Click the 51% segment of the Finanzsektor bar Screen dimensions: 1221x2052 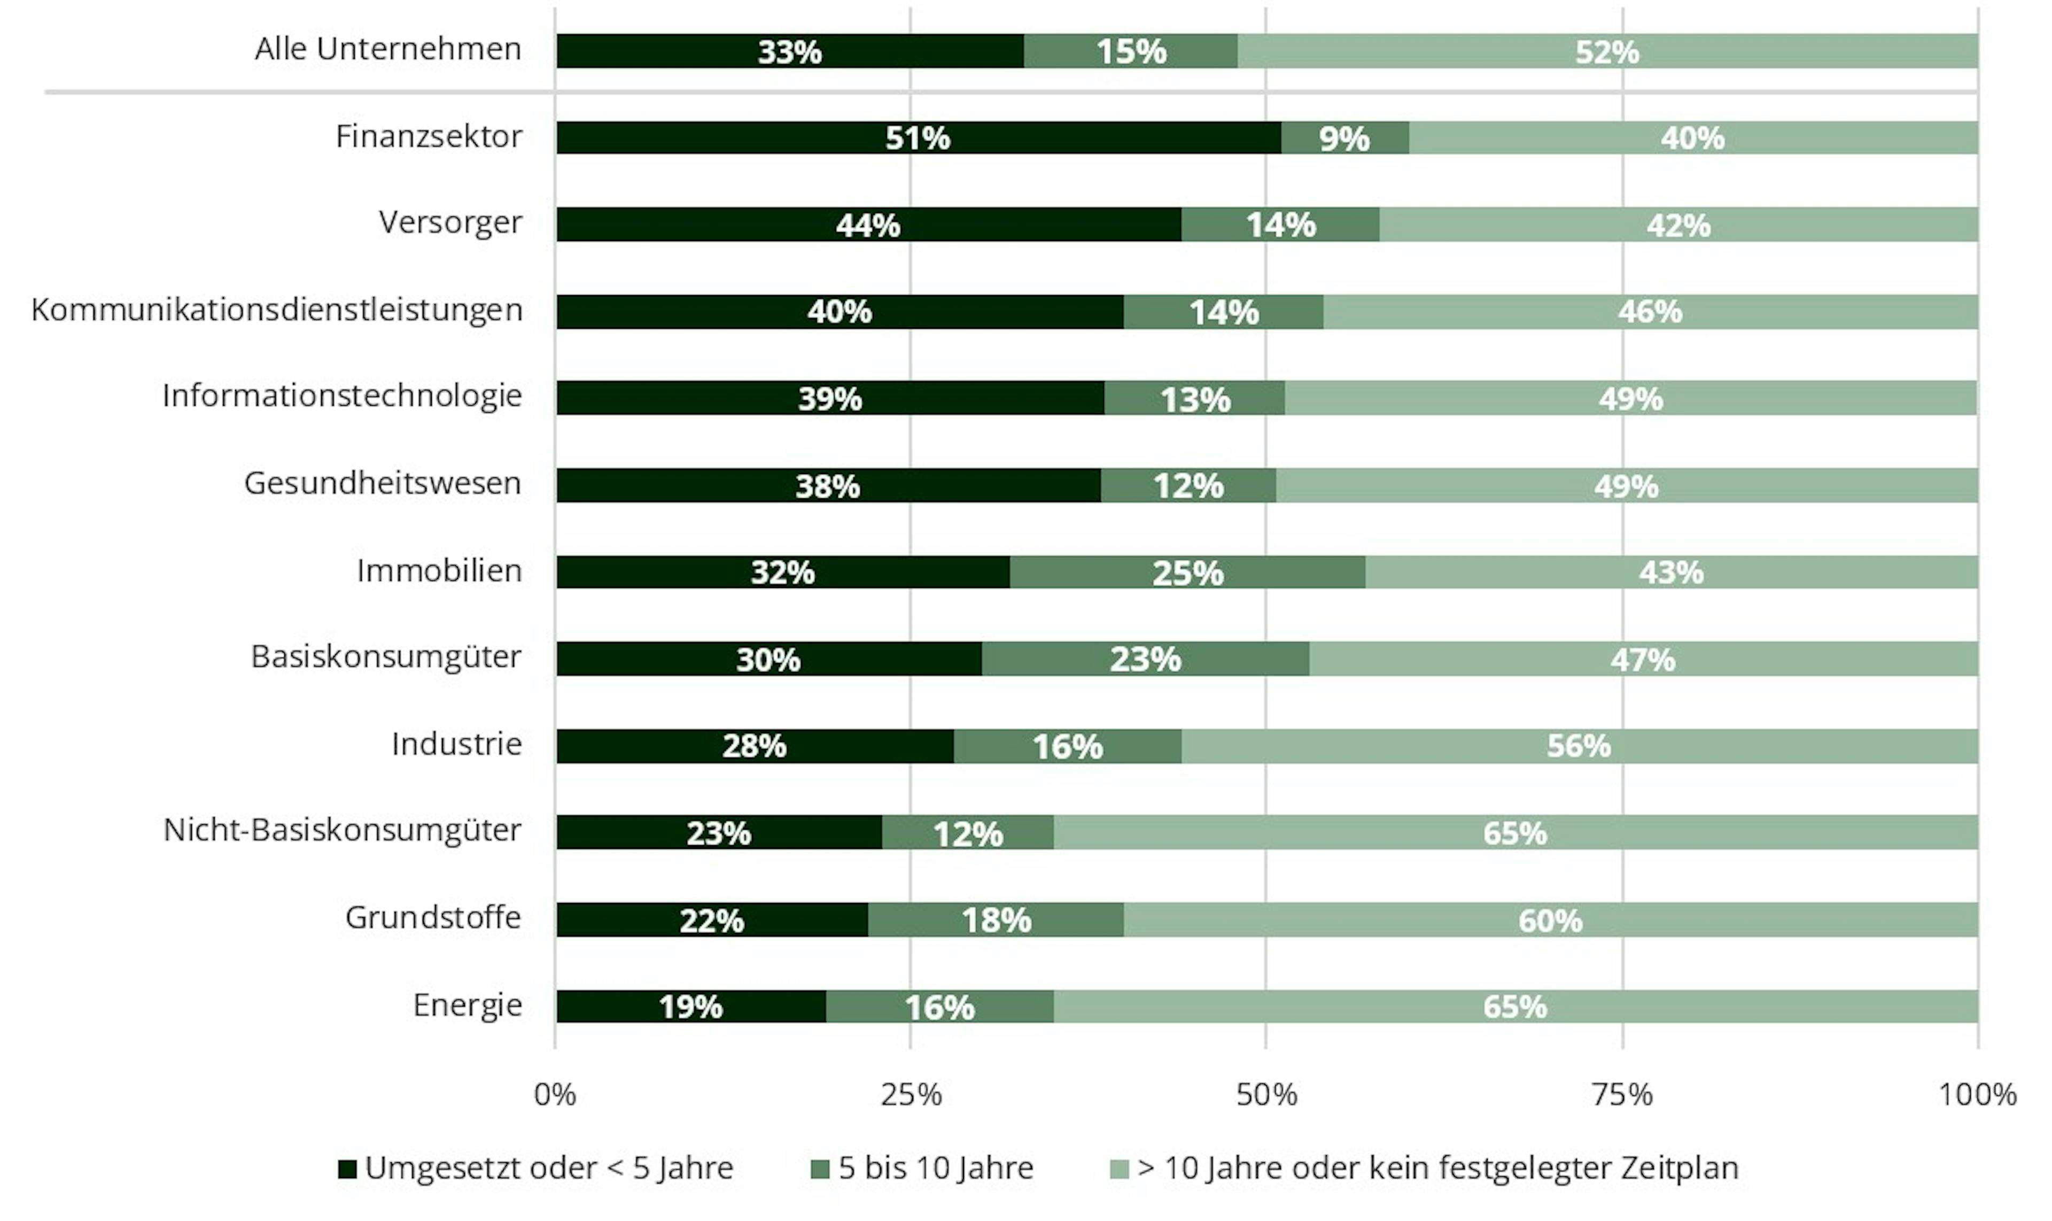(x=918, y=137)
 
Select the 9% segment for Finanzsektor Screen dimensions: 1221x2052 (x=1344, y=137)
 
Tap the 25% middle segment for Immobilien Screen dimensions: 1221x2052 (x=1187, y=572)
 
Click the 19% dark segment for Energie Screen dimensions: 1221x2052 (x=691, y=1006)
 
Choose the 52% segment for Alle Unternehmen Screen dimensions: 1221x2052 (x=1606, y=51)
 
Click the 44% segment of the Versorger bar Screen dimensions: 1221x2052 (x=868, y=225)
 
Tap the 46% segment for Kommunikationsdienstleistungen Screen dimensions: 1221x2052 (x=1649, y=312)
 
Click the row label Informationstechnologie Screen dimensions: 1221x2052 (x=341, y=396)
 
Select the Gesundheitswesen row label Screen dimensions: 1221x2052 (x=383, y=483)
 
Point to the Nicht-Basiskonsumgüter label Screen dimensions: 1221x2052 (x=342, y=830)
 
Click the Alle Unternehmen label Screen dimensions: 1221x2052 (x=387, y=49)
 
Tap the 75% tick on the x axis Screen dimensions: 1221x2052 (x=1622, y=1094)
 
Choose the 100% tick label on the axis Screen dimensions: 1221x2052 (x=1976, y=1094)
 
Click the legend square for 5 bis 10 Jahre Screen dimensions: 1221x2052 (x=819, y=1168)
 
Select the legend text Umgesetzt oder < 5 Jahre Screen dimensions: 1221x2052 (x=549, y=1168)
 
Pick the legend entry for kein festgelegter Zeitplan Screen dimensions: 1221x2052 (x=1437, y=1168)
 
